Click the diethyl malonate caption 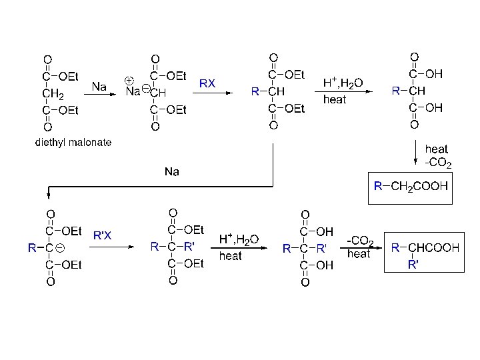[x=73, y=142]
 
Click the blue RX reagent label [x=207, y=83]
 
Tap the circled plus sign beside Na [x=129, y=81]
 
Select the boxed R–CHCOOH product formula [x=425, y=248]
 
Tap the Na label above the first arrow [x=99, y=86]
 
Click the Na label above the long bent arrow [x=172, y=172]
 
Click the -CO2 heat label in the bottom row [x=361, y=247]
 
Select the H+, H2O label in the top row [x=343, y=83]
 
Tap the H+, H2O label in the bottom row [x=239, y=239]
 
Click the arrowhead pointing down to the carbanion [x=49, y=195]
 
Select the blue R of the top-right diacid [x=396, y=90]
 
